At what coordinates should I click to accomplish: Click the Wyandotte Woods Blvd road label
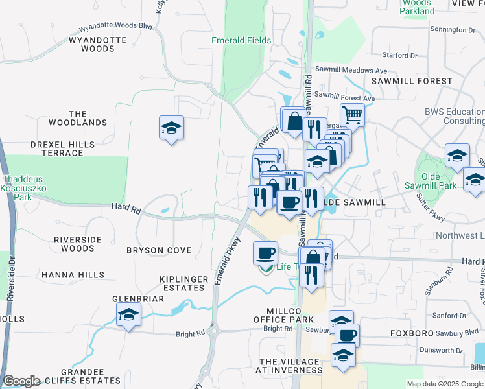point(115,29)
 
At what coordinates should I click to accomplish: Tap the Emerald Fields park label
point(241,40)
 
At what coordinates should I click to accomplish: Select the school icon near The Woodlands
point(171,128)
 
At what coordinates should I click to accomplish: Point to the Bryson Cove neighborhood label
point(159,250)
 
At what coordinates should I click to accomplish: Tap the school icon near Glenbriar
point(129,316)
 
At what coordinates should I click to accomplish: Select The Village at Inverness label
point(290,366)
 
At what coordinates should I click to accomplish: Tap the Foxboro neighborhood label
point(411,333)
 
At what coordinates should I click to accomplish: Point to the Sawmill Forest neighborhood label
point(412,81)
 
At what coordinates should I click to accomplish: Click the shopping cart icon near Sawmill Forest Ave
point(352,115)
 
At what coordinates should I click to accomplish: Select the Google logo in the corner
point(21,381)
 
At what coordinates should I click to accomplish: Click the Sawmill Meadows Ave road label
point(351,70)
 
